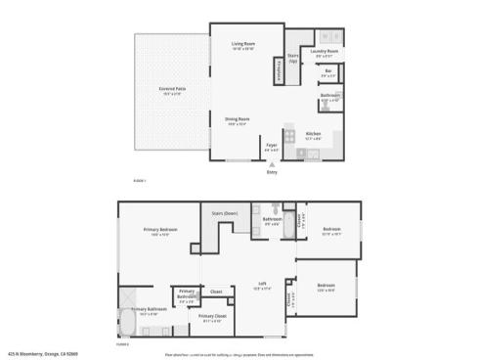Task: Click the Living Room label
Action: click(242, 46)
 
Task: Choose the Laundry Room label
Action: click(326, 51)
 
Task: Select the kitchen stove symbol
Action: click(289, 135)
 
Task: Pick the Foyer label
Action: click(272, 146)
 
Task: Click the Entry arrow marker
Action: click(272, 167)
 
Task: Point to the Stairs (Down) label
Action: click(226, 213)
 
